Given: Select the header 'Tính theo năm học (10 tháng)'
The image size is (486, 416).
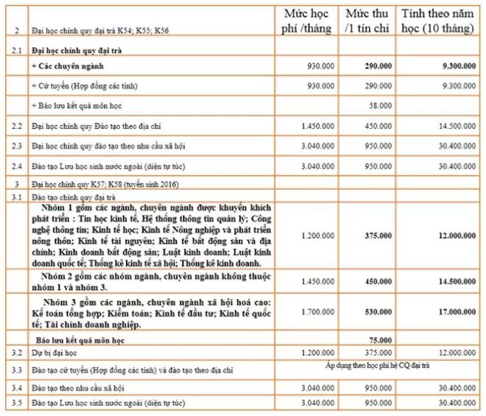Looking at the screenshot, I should click(x=439, y=22).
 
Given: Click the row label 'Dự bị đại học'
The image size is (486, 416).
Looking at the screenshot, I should click(x=52, y=353).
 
